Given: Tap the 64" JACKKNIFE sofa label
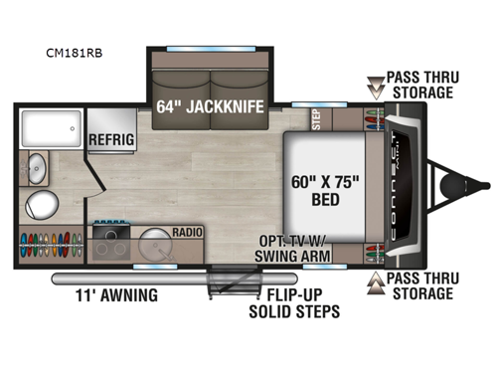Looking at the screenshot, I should pos(211,104).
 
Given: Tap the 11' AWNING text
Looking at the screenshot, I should pos(114,294).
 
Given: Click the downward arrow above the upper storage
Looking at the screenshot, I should pos(375,83).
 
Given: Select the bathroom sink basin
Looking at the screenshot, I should pos(37,164).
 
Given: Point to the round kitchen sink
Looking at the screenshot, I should pos(157,245).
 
